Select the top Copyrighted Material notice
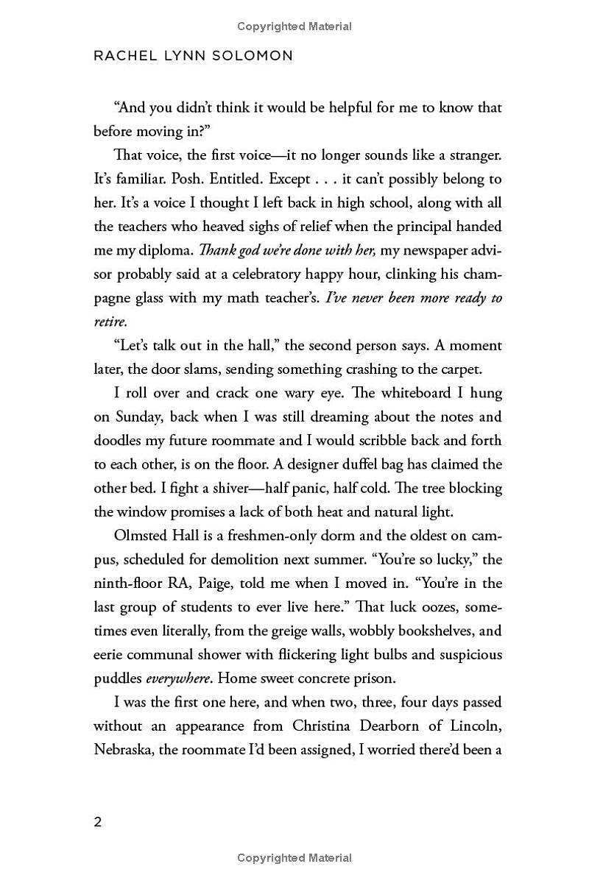294,26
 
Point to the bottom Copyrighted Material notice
294,858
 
